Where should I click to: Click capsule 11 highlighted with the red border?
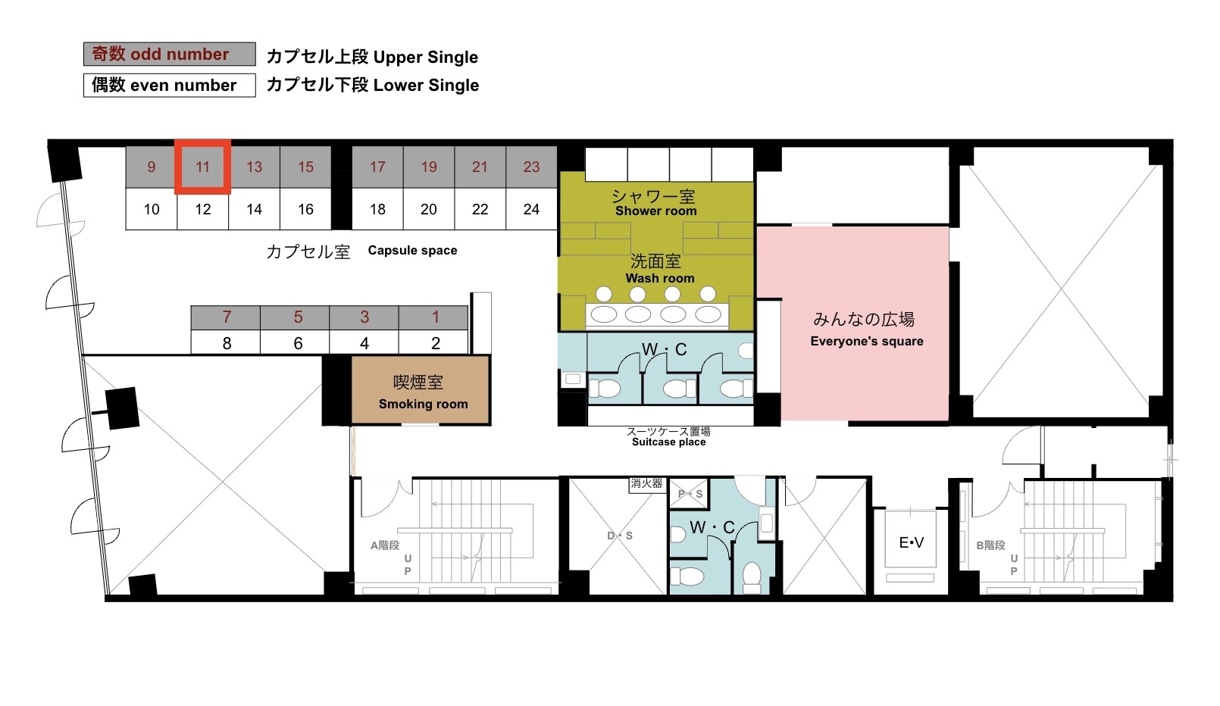(x=202, y=167)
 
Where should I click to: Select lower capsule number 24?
(x=532, y=209)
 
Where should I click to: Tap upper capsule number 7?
(x=226, y=317)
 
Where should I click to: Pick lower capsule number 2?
(x=434, y=343)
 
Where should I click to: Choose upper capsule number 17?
(x=377, y=167)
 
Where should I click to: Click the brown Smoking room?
(x=421, y=390)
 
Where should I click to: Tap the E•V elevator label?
(x=911, y=542)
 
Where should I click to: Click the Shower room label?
(x=655, y=211)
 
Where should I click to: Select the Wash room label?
(x=660, y=278)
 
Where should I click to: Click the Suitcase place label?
(x=669, y=442)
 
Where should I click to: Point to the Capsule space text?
(x=412, y=251)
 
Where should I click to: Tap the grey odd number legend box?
(x=170, y=54)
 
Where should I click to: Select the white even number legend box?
(x=170, y=85)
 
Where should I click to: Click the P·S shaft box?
(x=689, y=494)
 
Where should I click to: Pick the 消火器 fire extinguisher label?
(x=646, y=483)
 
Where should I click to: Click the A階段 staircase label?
(x=385, y=545)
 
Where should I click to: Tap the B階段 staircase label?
(x=990, y=545)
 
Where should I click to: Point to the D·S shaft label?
(x=620, y=536)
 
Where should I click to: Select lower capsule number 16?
(x=305, y=209)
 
